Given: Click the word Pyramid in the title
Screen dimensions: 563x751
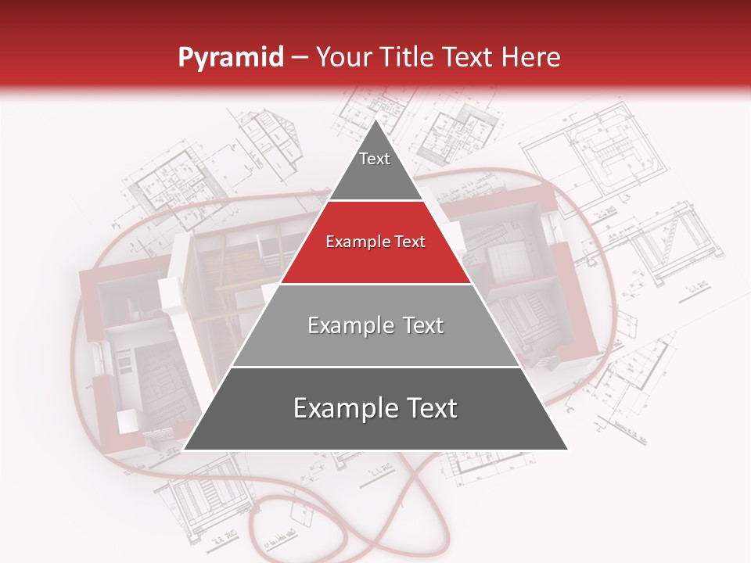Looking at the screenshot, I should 231,57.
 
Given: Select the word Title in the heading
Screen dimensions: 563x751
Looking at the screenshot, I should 414,57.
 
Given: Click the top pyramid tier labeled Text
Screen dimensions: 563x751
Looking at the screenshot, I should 375,164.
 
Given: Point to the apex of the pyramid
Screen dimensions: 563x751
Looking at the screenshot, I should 375,120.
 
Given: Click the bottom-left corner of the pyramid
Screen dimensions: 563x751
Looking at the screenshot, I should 185,450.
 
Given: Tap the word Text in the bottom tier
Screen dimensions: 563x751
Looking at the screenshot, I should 427,408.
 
